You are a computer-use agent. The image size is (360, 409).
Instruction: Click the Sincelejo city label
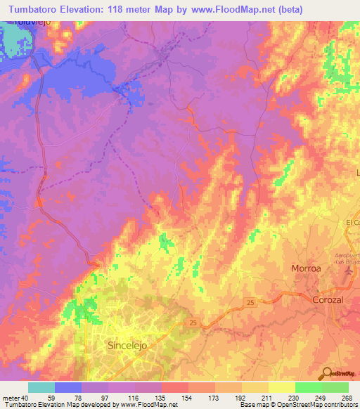[129, 346]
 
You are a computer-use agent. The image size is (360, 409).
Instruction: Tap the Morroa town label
[307, 269]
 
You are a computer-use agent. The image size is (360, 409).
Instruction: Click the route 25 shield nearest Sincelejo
[194, 323]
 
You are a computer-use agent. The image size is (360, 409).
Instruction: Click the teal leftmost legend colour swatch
[41, 387]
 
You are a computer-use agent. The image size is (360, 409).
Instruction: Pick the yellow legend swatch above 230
[282, 387]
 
